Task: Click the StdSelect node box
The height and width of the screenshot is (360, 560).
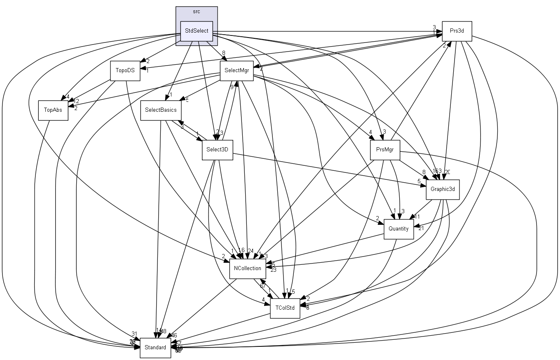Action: pos(197,31)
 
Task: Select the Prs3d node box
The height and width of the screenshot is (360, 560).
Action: pos(457,31)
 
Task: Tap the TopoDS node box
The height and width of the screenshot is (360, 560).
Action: pos(125,71)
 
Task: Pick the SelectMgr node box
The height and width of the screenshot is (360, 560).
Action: pos(236,71)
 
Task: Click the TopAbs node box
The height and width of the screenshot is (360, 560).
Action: pos(53,110)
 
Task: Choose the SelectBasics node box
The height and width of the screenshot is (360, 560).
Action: pos(161,110)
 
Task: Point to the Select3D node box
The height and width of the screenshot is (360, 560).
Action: pos(217,150)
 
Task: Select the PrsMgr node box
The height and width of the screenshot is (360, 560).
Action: pos(385,150)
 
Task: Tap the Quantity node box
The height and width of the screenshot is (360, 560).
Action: pos(398,229)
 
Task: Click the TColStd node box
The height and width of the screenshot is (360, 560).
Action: pos(285,308)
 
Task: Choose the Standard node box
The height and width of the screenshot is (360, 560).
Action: pos(155,348)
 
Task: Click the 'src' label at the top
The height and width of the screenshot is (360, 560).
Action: pos(197,12)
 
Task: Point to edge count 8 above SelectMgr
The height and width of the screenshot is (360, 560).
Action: pos(223,53)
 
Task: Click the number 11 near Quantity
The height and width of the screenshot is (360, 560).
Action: pos(417,216)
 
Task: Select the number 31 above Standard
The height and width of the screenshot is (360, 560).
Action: pos(134,334)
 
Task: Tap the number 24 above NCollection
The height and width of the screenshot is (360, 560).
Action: pos(251,251)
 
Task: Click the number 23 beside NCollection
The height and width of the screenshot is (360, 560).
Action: pos(273,270)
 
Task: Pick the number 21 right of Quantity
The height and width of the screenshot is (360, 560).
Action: pos(421,228)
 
